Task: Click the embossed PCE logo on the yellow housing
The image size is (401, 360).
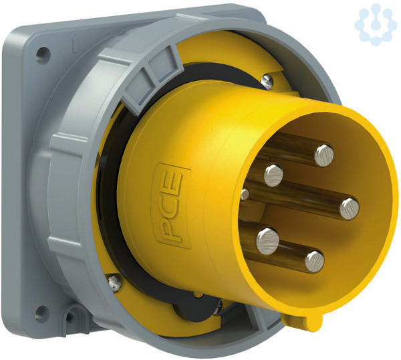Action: click(171, 206)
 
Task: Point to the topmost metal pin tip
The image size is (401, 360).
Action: click(324, 155)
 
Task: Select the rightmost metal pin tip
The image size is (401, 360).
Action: click(350, 208)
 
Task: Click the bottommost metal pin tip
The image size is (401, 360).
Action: click(315, 261)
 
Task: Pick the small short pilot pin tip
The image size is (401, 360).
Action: click(245, 195)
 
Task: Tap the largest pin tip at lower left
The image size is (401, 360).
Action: click(267, 241)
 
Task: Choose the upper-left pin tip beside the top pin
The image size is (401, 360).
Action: click(273, 175)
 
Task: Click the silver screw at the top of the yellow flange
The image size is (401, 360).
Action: click(267, 82)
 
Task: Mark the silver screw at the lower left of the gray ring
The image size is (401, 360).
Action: click(114, 283)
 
